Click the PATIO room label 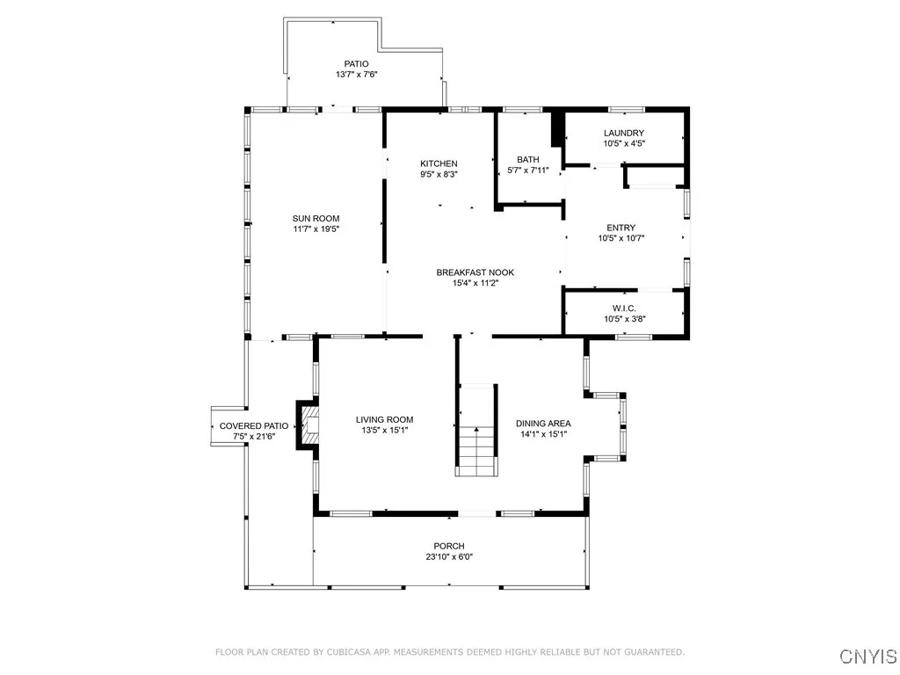point(356,63)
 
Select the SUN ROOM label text point(316,219)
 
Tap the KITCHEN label point(439,163)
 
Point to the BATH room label point(527,159)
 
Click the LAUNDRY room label point(623,133)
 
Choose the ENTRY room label point(621,228)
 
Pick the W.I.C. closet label point(624,308)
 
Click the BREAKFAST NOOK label point(475,272)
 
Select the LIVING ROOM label point(384,420)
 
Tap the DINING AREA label point(542,424)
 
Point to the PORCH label point(448,546)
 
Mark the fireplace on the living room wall point(310,426)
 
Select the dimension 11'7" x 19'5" point(316,229)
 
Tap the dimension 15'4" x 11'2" point(475,283)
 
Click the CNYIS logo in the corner point(867,656)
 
